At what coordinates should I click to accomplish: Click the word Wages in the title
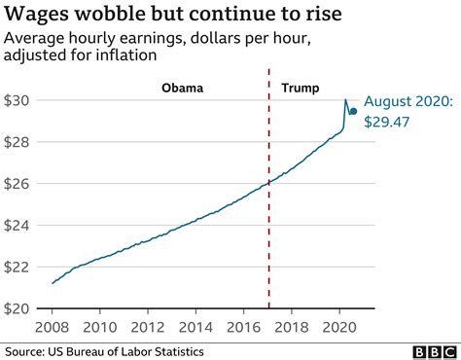(41, 15)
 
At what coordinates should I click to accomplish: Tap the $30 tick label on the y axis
(21, 100)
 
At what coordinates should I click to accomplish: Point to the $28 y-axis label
(21, 142)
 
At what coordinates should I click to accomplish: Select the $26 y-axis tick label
(21, 184)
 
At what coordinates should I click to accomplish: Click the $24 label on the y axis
(21, 225)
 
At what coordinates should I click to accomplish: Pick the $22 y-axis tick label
(21, 267)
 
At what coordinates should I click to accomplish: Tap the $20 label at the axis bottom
(21, 308)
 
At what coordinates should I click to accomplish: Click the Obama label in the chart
(182, 87)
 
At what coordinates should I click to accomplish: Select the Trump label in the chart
(299, 87)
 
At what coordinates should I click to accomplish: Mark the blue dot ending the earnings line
(354, 111)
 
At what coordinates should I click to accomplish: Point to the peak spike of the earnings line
(345, 100)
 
